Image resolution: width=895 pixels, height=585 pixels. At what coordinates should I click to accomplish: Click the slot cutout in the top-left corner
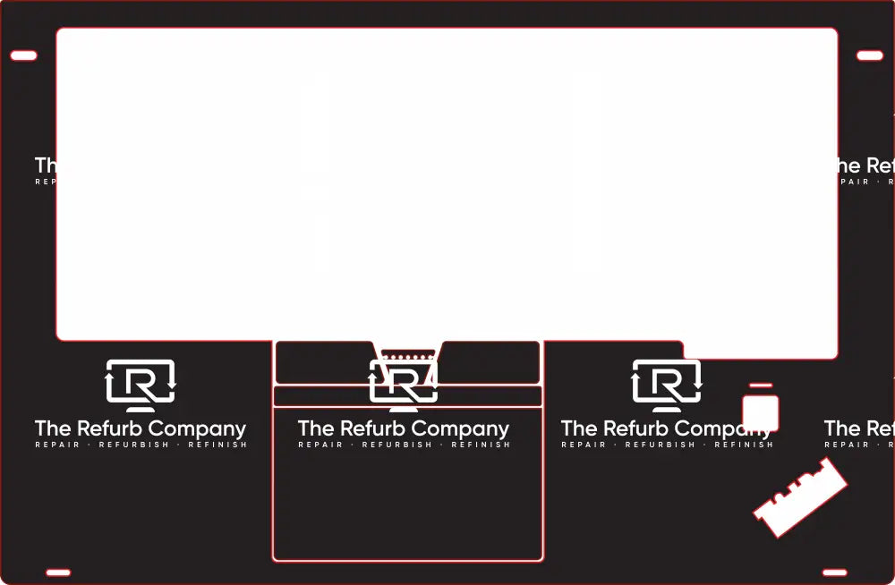pos(23,55)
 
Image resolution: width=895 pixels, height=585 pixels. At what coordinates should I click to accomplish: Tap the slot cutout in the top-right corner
pos(870,55)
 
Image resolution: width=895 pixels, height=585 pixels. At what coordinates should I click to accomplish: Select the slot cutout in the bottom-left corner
pos(58,572)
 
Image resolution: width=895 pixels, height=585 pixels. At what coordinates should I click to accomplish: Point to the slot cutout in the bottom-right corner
pos(834,572)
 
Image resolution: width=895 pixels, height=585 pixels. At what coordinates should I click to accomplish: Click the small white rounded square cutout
pos(761,412)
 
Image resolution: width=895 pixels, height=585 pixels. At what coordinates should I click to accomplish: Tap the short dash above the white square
pos(761,386)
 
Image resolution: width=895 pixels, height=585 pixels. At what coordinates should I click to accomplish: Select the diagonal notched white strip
pos(799,497)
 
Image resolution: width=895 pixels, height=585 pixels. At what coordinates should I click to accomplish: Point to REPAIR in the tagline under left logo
pos(57,445)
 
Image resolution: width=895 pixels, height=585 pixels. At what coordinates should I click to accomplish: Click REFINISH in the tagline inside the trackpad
pos(481,445)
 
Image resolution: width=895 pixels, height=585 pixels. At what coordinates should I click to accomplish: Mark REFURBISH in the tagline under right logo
pos(660,445)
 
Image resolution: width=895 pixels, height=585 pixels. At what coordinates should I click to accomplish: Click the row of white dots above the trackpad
pos(408,357)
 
